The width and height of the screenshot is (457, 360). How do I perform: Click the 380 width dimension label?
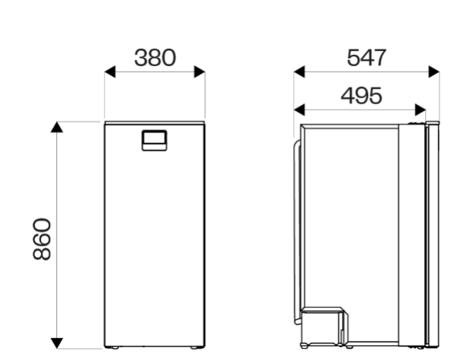tap(155, 58)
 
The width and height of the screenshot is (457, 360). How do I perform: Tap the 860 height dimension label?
tap(42, 238)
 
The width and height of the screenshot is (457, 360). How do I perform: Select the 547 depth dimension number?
tap(366, 58)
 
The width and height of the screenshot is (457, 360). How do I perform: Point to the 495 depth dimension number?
tap(361, 96)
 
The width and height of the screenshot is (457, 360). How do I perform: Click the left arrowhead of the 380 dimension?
tap(110, 72)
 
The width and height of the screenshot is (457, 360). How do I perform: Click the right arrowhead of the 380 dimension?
tap(200, 72)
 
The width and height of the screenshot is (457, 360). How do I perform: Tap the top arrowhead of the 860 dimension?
tap(57, 127)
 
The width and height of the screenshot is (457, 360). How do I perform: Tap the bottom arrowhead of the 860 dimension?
tap(57, 343)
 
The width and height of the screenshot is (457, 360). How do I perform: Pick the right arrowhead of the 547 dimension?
tap(434, 72)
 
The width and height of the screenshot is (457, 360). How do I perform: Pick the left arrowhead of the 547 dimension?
tap(299, 72)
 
